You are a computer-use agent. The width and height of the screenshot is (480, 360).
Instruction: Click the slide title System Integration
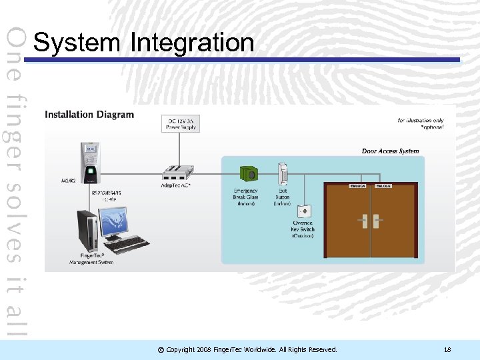click(x=143, y=43)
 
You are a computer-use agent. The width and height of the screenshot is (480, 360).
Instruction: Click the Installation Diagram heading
click(x=89, y=115)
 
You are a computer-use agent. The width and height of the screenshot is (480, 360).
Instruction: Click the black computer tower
click(x=87, y=230)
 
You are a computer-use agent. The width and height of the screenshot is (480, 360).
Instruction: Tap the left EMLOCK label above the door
click(x=358, y=186)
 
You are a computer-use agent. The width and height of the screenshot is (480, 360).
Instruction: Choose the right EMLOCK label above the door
click(x=383, y=186)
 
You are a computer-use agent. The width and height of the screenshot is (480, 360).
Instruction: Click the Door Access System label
click(x=391, y=151)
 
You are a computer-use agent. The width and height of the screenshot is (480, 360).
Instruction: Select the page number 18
click(x=447, y=349)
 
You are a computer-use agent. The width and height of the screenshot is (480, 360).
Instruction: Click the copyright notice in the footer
click(x=247, y=349)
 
